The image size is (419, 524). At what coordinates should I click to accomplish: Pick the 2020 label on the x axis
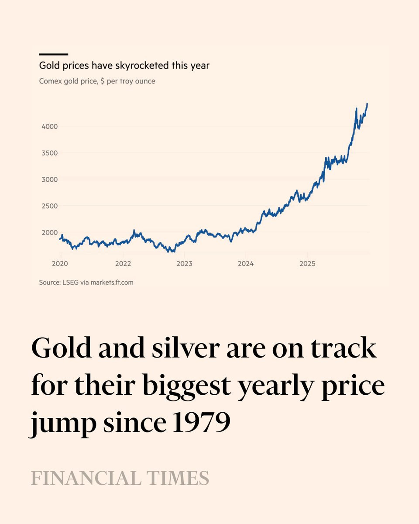pyautogui.click(x=60, y=264)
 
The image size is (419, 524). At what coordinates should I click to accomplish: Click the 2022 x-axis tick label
pyautogui.click(x=124, y=264)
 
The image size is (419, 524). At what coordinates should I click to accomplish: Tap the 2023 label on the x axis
pyautogui.click(x=184, y=264)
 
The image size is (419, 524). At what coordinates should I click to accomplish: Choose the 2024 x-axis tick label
pyautogui.click(x=246, y=264)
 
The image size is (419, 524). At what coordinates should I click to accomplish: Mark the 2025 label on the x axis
pyautogui.click(x=307, y=264)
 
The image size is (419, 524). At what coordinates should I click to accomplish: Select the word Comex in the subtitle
pyautogui.click(x=51, y=81)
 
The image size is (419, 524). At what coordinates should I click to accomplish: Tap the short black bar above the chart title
pyautogui.click(x=54, y=54)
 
